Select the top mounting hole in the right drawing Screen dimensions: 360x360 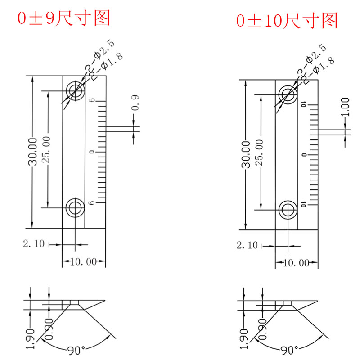[x=288, y=94]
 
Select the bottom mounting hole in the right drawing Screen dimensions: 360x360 [x=288, y=210]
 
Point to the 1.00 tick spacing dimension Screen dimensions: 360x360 [x=346, y=107]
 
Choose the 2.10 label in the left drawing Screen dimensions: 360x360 [x=34, y=244]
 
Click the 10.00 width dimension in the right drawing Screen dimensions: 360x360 [x=297, y=263]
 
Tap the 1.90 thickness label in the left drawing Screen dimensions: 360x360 [x=31, y=338]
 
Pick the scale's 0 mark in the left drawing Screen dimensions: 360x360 [x=92, y=153]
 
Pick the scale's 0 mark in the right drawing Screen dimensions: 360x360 [x=305, y=155]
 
